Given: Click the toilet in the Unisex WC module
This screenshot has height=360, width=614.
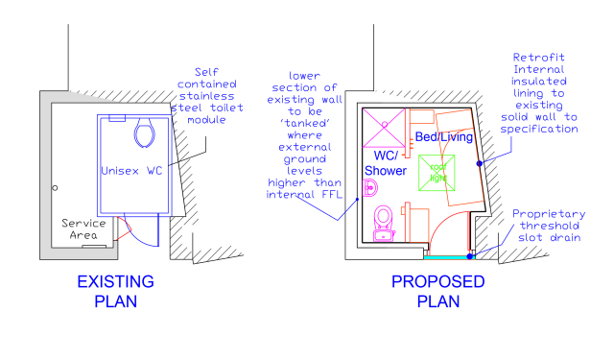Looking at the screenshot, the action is tap(145, 133).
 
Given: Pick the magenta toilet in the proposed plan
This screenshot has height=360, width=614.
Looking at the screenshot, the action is tap(385, 218).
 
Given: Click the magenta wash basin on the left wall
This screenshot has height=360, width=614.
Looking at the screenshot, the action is tap(366, 190).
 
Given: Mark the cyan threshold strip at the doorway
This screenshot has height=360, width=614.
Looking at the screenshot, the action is tap(448, 256).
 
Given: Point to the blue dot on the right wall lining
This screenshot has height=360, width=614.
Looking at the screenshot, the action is tap(479, 164).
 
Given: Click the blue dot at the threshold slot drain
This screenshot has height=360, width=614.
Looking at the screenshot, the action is tap(470, 255).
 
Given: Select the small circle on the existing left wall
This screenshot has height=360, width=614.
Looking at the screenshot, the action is tap(56, 187).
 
